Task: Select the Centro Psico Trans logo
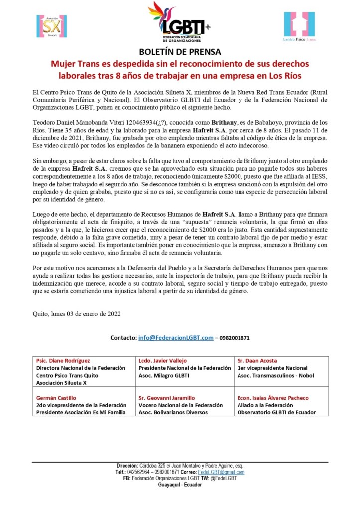[x=300, y=26]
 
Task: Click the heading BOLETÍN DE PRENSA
[x=180, y=52]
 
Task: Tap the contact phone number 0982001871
[x=234, y=338]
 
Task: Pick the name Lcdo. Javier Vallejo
[x=162, y=360]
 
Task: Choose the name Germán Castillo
[x=56, y=398]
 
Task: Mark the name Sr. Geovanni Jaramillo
[x=166, y=398]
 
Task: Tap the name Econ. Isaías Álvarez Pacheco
[x=273, y=398]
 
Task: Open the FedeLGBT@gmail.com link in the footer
[x=221, y=472]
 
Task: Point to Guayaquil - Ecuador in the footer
[x=179, y=484]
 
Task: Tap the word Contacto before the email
[x=122, y=338]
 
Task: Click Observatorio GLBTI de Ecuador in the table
[x=276, y=412]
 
